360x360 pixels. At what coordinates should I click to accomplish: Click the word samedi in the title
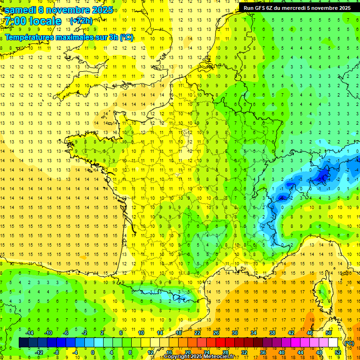pos(21,10)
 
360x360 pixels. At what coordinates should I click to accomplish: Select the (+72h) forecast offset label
pos(81,21)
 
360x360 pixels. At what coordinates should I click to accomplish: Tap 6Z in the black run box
pos(274,8)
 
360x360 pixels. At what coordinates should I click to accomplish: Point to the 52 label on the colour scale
pos(338,352)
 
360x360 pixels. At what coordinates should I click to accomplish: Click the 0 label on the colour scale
pos(93,352)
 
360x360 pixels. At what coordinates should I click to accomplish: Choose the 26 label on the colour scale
pos(216,332)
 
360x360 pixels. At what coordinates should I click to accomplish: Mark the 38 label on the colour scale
pos(272,332)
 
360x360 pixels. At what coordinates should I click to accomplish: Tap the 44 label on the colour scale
pos(300,352)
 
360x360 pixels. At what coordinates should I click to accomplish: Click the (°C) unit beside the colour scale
pos(349,343)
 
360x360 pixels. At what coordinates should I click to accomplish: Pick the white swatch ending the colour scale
pos(333,343)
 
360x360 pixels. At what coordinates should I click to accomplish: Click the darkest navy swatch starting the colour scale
pos(23,343)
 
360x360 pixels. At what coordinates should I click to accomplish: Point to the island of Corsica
pos(321,293)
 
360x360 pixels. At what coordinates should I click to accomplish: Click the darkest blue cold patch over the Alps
pos(322,176)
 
